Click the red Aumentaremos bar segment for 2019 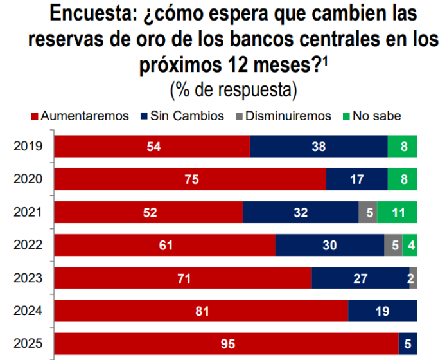click(152, 147)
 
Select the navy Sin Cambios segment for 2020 click(356, 179)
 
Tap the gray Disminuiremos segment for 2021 click(367, 212)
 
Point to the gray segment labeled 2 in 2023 click(413, 278)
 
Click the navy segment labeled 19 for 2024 click(382, 310)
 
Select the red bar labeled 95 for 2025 click(226, 343)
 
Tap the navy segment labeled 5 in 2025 click(408, 343)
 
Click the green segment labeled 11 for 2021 click(397, 212)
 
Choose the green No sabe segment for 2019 click(403, 147)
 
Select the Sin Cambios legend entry click(182, 116)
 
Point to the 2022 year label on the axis click(28, 245)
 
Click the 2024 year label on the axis click(28, 310)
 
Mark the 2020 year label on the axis click(28, 179)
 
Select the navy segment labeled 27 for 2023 click(360, 278)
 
